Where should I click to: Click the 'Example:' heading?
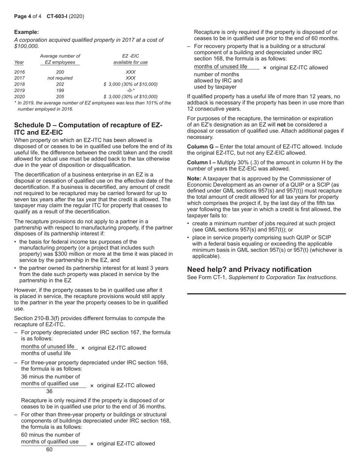[x=26, y=32]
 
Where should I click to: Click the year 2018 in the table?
[x=19, y=84]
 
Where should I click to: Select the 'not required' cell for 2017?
[x=60, y=78]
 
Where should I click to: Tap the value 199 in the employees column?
[x=60, y=91]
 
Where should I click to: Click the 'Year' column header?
[x=19, y=62]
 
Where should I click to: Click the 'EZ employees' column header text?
[x=60, y=62]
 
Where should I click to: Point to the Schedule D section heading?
[x=88, y=128]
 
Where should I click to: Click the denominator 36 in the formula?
[x=49, y=391]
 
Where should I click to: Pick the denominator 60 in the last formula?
[x=49, y=450]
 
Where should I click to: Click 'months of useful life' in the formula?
[x=46, y=353]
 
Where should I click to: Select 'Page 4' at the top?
[x=22, y=16]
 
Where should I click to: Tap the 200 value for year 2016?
[x=60, y=72]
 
